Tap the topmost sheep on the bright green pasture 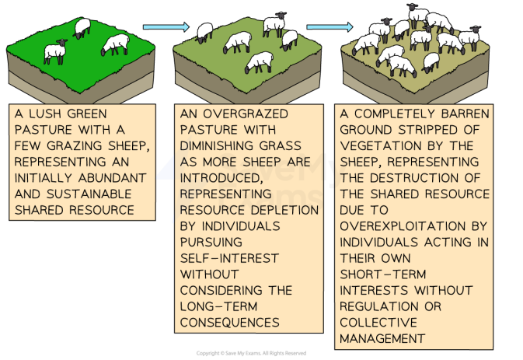pyautogui.click(x=82, y=27)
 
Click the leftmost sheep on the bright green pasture pyautogui.click(x=55, y=52)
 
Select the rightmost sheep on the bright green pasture pyautogui.click(x=117, y=44)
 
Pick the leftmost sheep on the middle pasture pyautogui.click(x=204, y=32)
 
